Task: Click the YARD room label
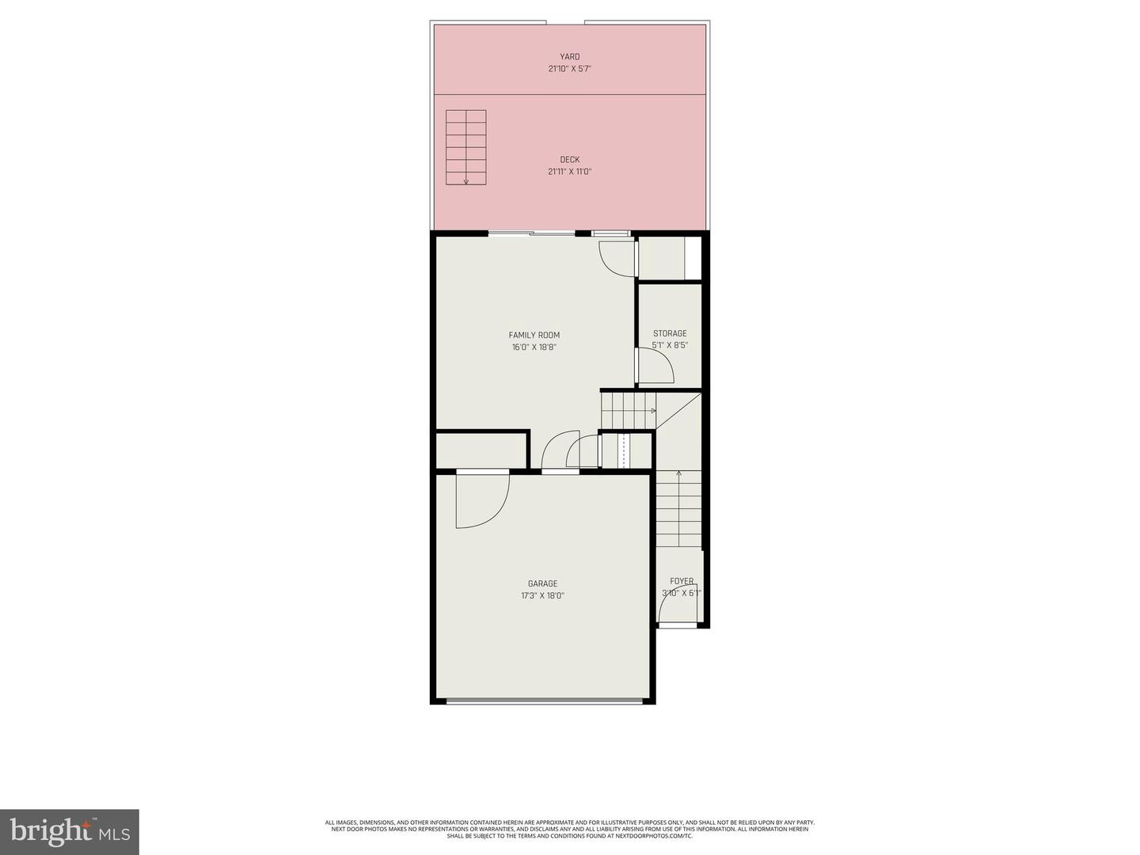pyautogui.click(x=569, y=57)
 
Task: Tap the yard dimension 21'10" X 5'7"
pyautogui.click(x=569, y=69)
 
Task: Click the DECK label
pyautogui.click(x=569, y=160)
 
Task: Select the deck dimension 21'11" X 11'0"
pyautogui.click(x=569, y=172)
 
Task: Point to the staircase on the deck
pyautogui.click(x=465, y=147)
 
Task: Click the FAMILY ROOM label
pyautogui.click(x=534, y=335)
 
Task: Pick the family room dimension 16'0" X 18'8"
pyautogui.click(x=534, y=347)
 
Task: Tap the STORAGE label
pyautogui.click(x=670, y=333)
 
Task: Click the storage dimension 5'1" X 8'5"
pyautogui.click(x=670, y=345)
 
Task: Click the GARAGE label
pyautogui.click(x=542, y=584)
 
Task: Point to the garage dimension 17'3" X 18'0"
pyautogui.click(x=542, y=596)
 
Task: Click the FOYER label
pyautogui.click(x=682, y=581)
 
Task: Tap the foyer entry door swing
pyautogui.click(x=673, y=610)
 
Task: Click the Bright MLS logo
pyautogui.click(x=70, y=831)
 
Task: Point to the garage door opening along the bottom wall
pyautogui.click(x=544, y=701)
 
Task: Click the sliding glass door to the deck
pyautogui.click(x=531, y=233)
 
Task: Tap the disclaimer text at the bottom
pyautogui.click(x=569, y=829)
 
